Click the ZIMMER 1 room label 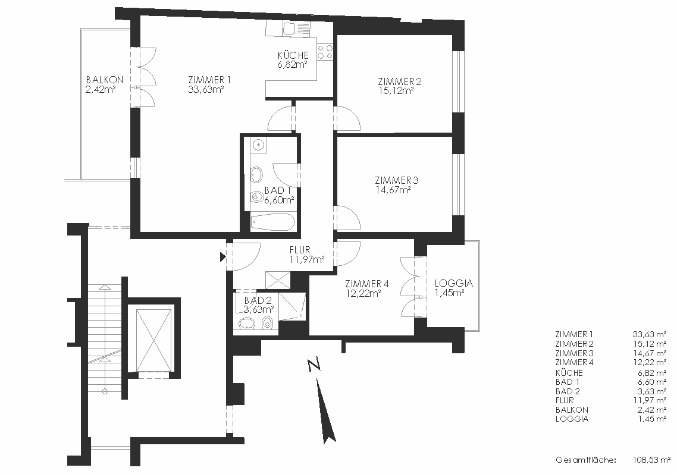pyautogui.click(x=209, y=80)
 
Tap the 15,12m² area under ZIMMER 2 pyautogui.click(x=396, y=91)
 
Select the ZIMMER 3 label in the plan pyautogui.click(x=396, y=180)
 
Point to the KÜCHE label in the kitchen pyautogui.click(x=293, y=55)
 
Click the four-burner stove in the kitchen pyautogui.click(x=325, y=52)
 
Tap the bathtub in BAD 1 pyautogui.click(x=273, y=222)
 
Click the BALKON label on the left pyautogui.click(x=105, y=80)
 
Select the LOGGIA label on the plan pyautogui.click(x=454, y=284)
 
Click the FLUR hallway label pyautogui.click(x=300, y=250)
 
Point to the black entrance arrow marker pyautogui.click(x=222, y=258)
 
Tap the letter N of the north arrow pyautogui.click(x=315, y=365)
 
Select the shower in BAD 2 pyautogui.click(x=292, y=306)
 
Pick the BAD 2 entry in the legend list pyautogui.click(x=568, y=391)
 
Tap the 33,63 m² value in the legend pyautogui.click(x=650, y=334)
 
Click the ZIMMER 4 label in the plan pyautogui.click(x=367, y=284)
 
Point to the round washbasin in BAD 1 pyautogui.click(x=259, y=145)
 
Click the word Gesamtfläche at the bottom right pyautogui.click(x=586, y=460)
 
